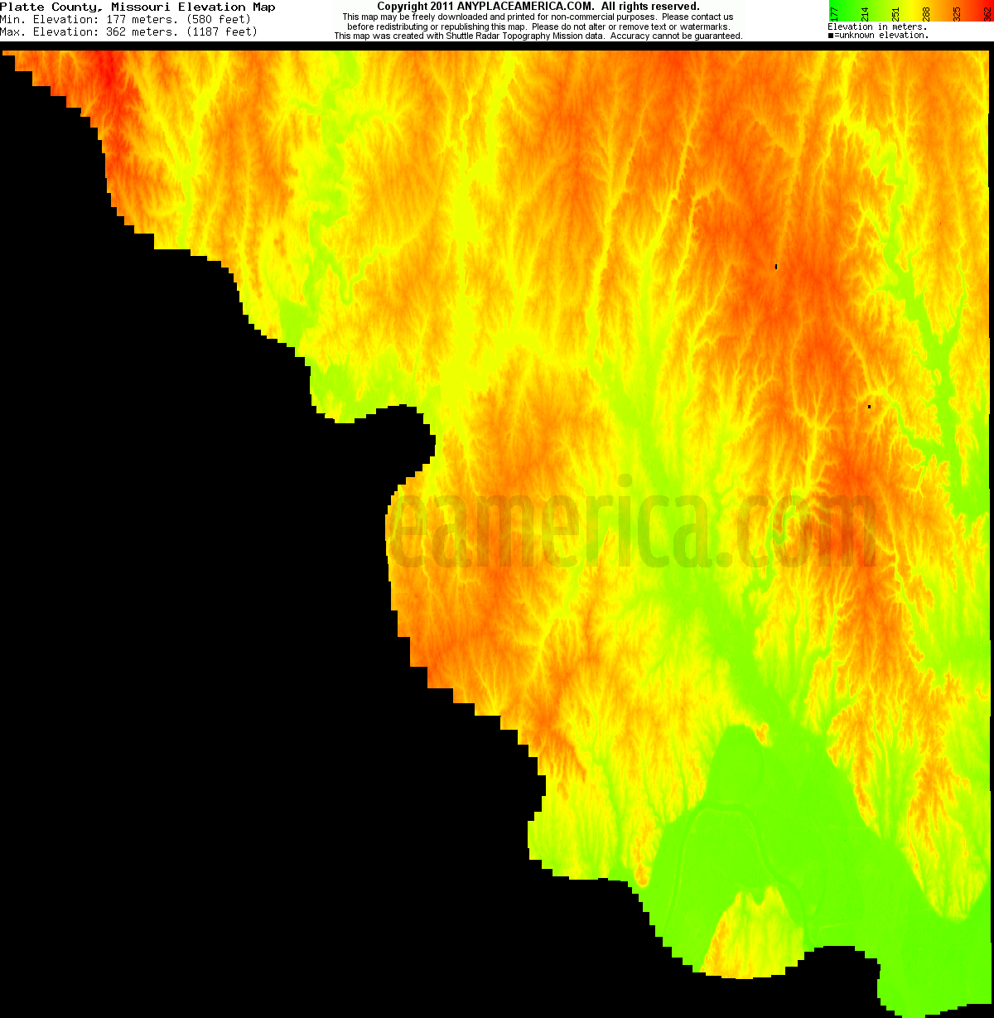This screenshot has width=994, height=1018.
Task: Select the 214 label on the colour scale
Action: tap(865, 12)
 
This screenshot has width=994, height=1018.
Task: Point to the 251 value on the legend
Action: tap(895, 12)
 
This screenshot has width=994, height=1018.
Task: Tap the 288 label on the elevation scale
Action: tap(926, 12)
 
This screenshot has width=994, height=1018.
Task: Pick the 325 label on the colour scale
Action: tap(957, 12)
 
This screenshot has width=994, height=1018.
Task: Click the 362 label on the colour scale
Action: tap(986, 12)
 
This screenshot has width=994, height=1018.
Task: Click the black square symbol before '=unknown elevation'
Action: tap(831, 36)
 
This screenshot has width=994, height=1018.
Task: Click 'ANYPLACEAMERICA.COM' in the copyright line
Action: tap(525, 7)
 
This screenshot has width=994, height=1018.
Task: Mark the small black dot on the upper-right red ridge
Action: tap(776, 267)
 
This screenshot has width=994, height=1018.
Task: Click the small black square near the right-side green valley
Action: tap(869, 407)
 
